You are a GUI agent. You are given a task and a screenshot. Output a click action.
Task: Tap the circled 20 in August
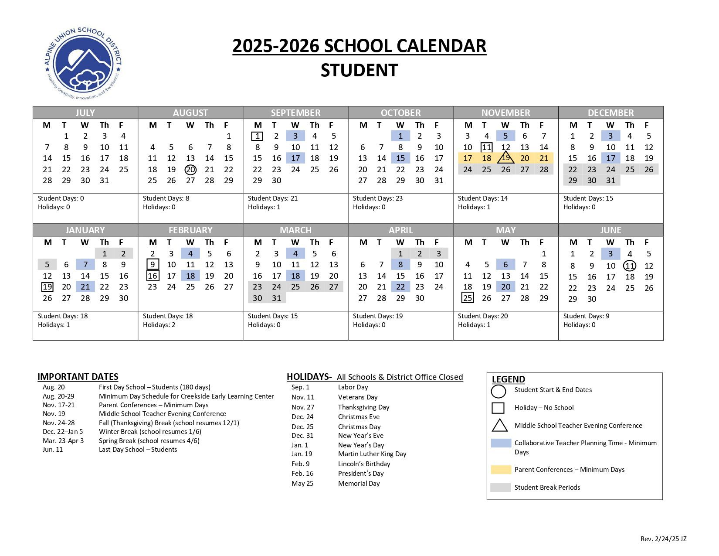[x=190, y=170]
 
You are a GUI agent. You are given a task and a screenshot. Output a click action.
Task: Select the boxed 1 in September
[x=258, y=136]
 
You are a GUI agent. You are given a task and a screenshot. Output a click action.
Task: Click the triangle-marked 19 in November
[x=505, y=157]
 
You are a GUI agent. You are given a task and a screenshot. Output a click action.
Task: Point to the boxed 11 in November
[x=486, y=147]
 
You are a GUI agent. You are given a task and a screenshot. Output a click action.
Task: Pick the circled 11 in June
[x=630, y=266]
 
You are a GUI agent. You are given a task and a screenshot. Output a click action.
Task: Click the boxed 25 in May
[x=468, y=298]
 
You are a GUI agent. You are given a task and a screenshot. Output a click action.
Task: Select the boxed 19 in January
[x=47, y=287]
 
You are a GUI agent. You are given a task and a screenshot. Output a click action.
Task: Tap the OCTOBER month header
[x=400, y=113]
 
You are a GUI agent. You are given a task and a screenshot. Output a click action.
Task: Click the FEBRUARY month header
[x=190, y=230]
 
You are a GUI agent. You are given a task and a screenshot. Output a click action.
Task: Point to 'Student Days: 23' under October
[x=378, y=198]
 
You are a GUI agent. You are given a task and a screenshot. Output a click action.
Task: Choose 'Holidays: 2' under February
[x=159, y=325]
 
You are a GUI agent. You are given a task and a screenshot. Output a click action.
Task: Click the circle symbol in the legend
[x=499, y=391]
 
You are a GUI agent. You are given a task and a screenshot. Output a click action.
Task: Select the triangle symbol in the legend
[x=499, y=426]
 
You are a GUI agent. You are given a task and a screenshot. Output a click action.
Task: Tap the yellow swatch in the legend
[x=501, y=470]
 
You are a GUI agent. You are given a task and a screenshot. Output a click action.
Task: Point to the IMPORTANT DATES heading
[x=78, y=377]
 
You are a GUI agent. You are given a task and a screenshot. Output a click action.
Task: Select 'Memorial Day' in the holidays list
[x=359, y=484]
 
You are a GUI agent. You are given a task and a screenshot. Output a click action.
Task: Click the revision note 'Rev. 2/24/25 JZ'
[x=663, y=539]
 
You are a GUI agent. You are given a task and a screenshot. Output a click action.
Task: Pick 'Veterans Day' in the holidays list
[x=358, y=397]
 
